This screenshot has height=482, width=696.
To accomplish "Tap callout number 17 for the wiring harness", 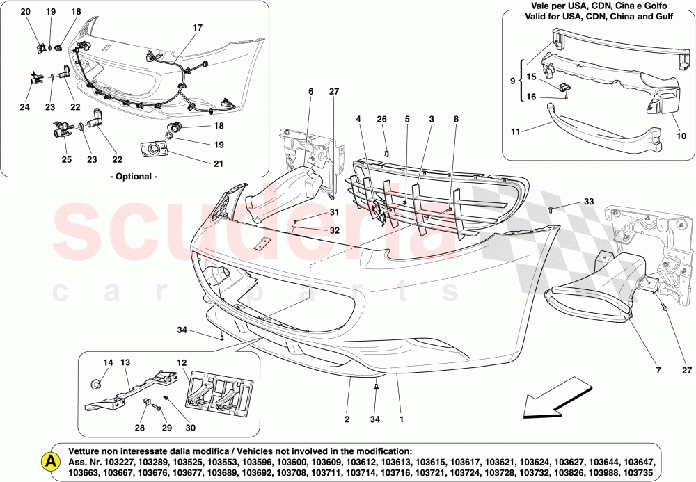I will pyautogui.click(x=198, y=29).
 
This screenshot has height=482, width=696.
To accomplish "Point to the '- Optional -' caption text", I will pyautogui.click(x=134, y=177).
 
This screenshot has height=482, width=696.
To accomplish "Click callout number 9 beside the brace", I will pyautogui.click(x=514, y=80).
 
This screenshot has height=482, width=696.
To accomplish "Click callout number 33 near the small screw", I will pyautogui.click(x=589, y=202).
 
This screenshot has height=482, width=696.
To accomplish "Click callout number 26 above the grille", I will pyautogui.click(x=381, y=120).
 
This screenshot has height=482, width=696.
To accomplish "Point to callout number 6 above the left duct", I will pyautogui.click(x=310, y=91).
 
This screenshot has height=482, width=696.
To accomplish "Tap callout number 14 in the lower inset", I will pyautogui.click(x=108, y=363).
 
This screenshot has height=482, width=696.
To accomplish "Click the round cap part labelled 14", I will pyautogui.click(x=98, y=383).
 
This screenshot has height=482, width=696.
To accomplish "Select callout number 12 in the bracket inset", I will pyautogui.click(x=181, y=363).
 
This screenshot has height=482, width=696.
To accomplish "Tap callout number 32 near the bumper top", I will pyautogui.click(x=334, y=230).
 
